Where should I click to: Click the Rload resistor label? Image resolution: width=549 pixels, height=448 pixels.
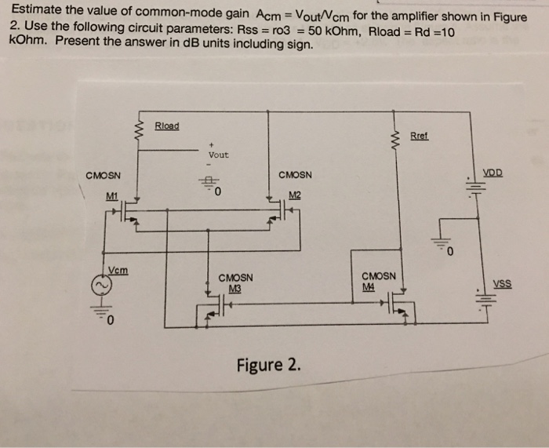coord(167,126)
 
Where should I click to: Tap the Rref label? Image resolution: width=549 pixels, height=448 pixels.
coord(419,136)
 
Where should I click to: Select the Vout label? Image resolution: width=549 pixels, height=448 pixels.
coord(219,155)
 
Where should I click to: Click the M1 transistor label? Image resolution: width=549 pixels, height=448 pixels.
coord(112,196)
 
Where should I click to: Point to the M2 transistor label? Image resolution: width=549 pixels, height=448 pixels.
coord(295,195)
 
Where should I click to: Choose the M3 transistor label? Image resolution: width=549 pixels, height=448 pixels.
coord(235,289)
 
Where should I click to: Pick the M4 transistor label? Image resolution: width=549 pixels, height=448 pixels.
coord(369,287)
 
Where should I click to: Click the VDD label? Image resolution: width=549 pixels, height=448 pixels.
coord(493,173)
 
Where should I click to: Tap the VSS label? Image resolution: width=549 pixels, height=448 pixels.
coord(503,284)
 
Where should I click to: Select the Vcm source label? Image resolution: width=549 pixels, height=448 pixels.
coord(118,271)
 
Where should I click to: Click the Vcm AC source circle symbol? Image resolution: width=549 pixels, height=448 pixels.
coord(102,286)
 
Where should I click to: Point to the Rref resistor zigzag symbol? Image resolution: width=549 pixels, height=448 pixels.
coord(397,140)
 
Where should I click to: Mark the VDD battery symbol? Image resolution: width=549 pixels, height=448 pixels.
coord(475,188)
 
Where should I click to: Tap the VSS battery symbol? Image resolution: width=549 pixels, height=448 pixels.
coord(485,298)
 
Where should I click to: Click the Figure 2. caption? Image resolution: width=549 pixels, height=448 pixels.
coord(268,365)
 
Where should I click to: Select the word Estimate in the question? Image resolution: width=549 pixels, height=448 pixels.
coord(36,9)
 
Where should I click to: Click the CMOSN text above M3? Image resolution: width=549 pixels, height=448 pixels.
coord(235,278)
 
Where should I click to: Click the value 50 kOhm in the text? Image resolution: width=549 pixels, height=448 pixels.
coord(333,31)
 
